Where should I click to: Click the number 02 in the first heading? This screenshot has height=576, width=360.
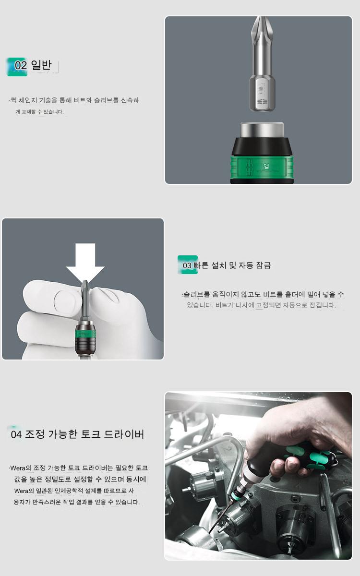pyautogui.click(x=21, y=65)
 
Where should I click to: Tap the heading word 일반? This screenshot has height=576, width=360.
pyautogui.click(x=41, y=65)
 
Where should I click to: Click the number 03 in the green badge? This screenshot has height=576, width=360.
pyautogui.click(x=187, y=265)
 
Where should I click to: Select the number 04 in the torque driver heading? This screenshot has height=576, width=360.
pyautogui.click(x=16, y=434)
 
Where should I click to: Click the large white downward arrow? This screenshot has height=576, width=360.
pyautogui.click(x=85, y=262)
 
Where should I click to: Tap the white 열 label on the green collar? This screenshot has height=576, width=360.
pyautogui.click(x=266, y=167)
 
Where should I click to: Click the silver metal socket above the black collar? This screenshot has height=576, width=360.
pyautogui.click(x=262, y=131)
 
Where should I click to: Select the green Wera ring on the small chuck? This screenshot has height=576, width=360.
pyautogui.click(x=85, y=334)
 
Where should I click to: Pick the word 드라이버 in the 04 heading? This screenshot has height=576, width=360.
pyautogui.click(x=124, y=434)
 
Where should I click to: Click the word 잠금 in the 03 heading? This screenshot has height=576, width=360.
pyautogui.click(x=264, y=265)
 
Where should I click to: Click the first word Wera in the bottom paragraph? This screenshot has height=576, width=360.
pyautogui.click(x=17, y=468)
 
